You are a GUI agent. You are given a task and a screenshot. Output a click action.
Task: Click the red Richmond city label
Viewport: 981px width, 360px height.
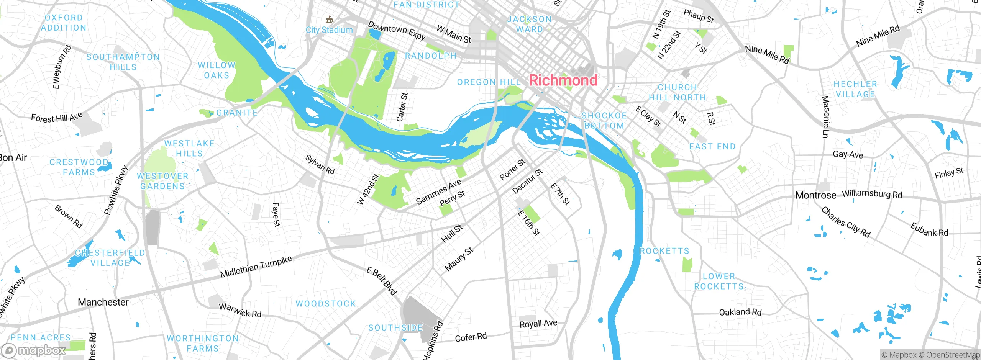click(x=563, y=80)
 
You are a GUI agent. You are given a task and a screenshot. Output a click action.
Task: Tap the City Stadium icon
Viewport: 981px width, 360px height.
click(x=328, y=20)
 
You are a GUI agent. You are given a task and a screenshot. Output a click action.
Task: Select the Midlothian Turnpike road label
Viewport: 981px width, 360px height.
click(x=256, y=267)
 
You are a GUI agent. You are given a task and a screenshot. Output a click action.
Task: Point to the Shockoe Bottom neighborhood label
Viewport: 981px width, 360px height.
click(x=604, y=121)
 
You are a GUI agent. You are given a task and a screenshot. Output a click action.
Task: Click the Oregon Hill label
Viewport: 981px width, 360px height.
click(x=489, y=82)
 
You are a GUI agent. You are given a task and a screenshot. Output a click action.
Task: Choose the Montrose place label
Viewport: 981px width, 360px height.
click(x=815, y=195)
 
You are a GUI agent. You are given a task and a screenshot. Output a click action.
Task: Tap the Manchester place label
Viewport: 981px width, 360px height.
click(x=103, y=302)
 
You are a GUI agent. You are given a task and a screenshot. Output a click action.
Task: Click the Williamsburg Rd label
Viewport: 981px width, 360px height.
click(x=872, y=194)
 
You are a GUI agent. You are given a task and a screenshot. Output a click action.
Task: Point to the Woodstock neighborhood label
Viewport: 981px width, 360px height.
click(x=326, y=304)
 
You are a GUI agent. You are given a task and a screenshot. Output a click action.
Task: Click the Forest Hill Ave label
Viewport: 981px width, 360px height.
click(x=57, y=117)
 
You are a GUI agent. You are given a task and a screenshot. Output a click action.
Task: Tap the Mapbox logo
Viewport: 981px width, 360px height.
click(x=34, y=350)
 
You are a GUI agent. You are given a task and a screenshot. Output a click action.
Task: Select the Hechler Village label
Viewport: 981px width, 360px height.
click(x=855, y=89)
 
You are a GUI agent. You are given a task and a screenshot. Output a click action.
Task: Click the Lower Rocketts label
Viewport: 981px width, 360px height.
click(x=719, y=281)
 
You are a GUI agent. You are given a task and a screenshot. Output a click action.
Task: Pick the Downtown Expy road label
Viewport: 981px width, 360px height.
click(x=397, y=31)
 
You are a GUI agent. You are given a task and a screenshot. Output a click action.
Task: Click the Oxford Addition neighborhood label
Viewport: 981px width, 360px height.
click(x=64, y=23)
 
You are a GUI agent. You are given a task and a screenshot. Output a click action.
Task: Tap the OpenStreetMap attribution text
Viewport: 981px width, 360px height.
click(x=952, y=355)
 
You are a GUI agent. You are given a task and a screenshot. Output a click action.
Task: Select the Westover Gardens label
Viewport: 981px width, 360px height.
click(x=163, y=181)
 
